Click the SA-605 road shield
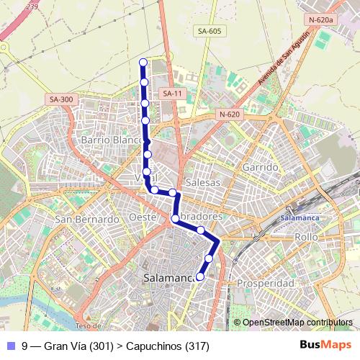point(209,31)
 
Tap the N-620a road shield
point(320,20)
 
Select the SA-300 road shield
point(62,99)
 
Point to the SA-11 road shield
point(172,94)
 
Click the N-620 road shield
point(229,114)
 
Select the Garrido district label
point(260,167)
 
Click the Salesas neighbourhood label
point(202,183)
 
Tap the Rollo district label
point(306,236)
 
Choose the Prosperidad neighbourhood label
point(266,284)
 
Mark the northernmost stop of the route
point(143,63)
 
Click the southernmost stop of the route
point(200,276)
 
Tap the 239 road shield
point(30,7)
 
